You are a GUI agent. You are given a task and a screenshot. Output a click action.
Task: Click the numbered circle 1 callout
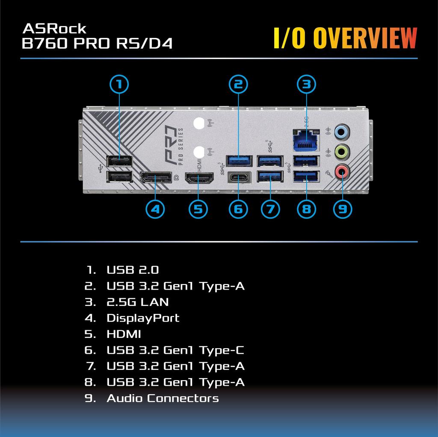tap(120, 84)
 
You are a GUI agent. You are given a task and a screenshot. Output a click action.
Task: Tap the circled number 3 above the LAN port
tap(306, 84)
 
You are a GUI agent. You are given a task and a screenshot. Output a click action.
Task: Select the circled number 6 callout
tap(238, 209)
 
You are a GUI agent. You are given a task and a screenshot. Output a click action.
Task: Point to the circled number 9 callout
tap(343, 209)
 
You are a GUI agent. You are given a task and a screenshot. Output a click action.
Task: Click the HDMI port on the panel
tap(199, 177)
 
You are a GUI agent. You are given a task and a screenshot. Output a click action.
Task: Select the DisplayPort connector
tap(156, 177)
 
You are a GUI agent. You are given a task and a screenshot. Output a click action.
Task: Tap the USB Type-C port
tap(238, 177)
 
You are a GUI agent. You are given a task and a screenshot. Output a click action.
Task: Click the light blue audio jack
tap(341, 132)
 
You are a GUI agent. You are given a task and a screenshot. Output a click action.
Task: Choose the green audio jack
tap(341, 151)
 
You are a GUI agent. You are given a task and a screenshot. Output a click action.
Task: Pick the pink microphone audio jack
tap(341, 171)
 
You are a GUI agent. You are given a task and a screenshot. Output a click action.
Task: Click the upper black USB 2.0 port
tap(120, 161)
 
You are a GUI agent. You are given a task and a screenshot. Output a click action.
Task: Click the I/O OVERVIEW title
tap(345, 38)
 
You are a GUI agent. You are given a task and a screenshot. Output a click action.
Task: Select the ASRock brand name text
tap(54, 29)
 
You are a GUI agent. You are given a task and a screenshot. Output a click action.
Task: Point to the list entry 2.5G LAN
tap(137, 302)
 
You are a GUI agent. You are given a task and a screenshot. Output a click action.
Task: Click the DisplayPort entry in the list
tap(143, 318)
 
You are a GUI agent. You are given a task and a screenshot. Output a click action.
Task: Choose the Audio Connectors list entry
tap(163, 399)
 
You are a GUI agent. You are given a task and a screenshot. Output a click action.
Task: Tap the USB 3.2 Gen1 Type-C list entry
tap(175, 350)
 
